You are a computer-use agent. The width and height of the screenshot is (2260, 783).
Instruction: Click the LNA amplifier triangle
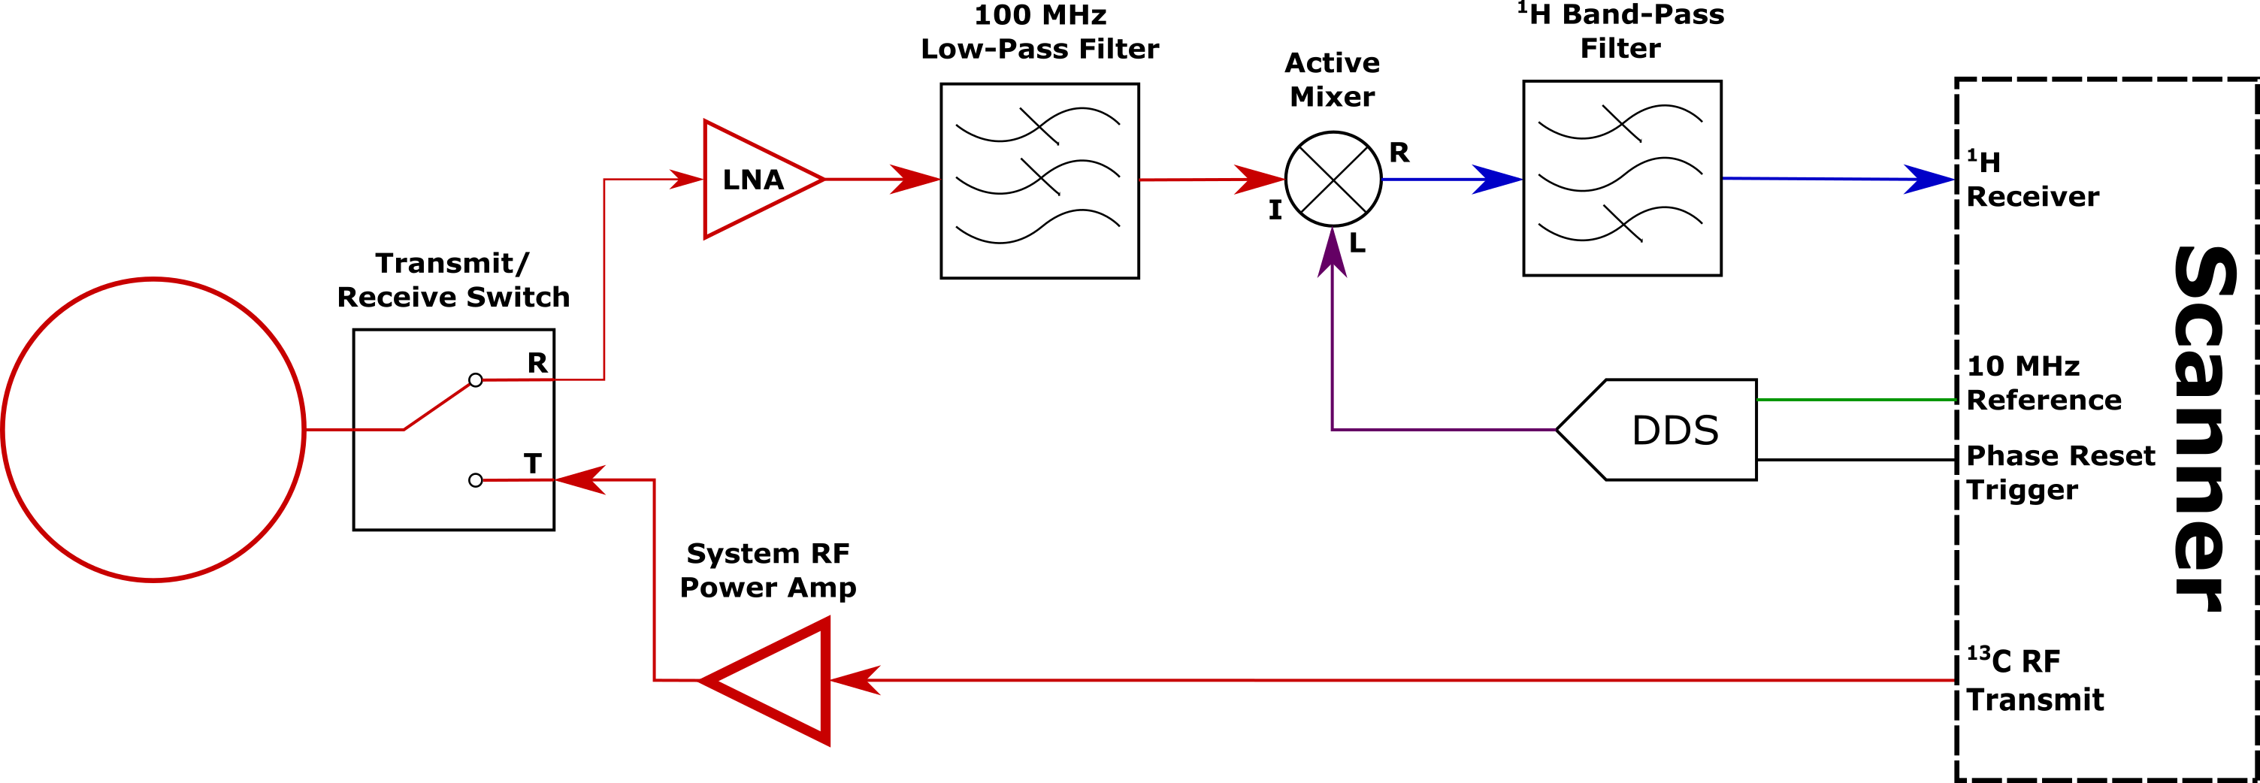point(755,180)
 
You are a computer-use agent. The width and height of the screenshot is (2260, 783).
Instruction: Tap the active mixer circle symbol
point(1333,180)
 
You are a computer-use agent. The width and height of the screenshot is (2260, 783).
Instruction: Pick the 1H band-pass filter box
point(1622,179)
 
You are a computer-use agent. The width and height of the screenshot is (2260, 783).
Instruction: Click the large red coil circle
point(153,430)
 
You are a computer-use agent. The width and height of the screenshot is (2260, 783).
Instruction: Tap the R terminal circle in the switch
point(476,379)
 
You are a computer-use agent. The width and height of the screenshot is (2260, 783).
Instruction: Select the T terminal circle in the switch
point(476,480)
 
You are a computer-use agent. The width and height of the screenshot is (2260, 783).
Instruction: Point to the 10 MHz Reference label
point(2043,383)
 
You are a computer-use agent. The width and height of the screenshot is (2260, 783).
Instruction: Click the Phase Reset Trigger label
point(2059,473)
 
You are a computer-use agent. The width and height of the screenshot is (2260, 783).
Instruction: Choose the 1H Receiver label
point(2032,180)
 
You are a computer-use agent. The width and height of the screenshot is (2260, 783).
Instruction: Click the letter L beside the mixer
point(1357,243)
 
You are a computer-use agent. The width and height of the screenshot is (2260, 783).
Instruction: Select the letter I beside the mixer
point(1275,210)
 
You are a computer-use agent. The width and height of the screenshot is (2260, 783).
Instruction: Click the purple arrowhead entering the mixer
point(1332,253)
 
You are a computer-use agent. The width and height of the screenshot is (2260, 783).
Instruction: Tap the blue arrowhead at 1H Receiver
point(1930,180)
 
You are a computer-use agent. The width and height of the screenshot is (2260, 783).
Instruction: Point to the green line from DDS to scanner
point(1856,400)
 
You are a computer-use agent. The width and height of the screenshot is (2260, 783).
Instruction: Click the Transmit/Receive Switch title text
point(452,280)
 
